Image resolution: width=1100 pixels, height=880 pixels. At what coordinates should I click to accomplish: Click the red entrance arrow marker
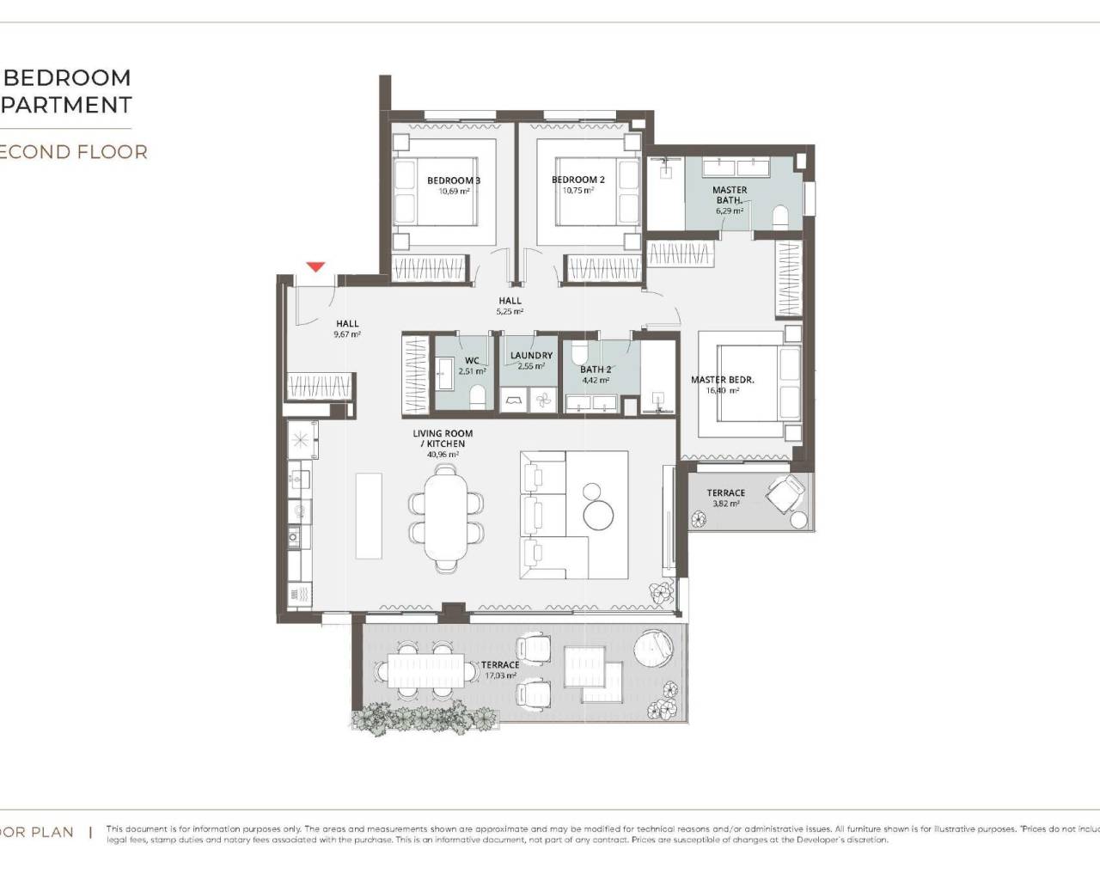[x=316, y=267]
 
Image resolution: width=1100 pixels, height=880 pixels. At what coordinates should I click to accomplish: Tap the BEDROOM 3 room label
[x=453, y=180]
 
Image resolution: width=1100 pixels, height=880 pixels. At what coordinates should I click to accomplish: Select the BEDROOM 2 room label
[x=577, y=180]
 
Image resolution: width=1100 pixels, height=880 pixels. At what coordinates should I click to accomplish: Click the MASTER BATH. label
[x=730, y=195]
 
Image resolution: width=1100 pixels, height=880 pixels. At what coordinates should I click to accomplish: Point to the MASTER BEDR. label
[x=722, y=380]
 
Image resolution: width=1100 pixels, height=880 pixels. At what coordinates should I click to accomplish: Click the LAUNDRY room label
[x=531, y=355]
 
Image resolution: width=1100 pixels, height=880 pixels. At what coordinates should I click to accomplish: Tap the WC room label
[x=472, y=361]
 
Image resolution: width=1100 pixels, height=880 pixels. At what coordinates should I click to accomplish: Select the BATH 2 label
[x=596, y=370]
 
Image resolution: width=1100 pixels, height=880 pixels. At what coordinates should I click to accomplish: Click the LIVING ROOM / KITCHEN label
[x=443, y=438]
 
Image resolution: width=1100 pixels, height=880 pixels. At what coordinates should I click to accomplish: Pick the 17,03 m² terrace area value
[x=499, y=676]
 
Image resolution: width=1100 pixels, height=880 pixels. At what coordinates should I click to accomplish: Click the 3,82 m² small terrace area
[x=725, y=504]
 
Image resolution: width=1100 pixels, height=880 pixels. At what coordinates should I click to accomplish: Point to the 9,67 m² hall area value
[x=347, y=334]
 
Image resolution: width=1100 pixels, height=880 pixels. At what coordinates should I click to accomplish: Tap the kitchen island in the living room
[x=369, y=515]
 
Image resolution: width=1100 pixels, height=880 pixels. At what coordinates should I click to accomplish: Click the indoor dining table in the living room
[x=446, y=518]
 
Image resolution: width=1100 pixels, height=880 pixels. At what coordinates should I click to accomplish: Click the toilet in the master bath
[x=781, y=216]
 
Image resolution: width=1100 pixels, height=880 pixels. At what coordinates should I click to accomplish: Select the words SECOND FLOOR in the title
[x=74, y=152]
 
